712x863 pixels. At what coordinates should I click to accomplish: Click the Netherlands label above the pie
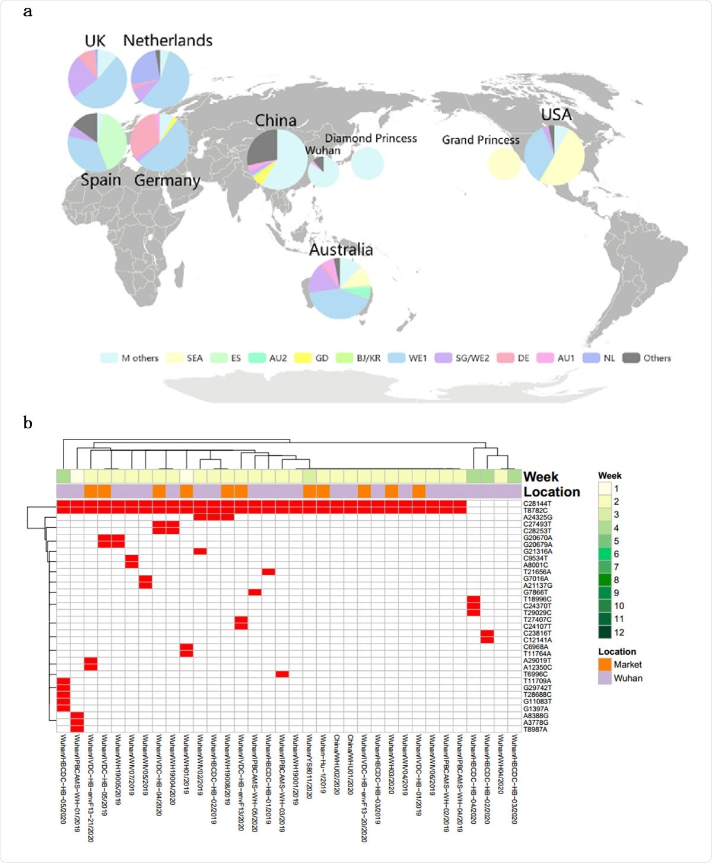point(167,40)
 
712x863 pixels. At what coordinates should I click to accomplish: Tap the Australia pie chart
point(339,288)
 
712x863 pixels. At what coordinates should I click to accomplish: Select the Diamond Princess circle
point(367,163)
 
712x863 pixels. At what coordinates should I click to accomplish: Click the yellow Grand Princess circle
point(504,163)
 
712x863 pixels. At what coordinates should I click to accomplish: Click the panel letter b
point(27,422)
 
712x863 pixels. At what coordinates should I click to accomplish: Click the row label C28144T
point(537,504)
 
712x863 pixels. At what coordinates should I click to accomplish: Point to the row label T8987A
point(535,730)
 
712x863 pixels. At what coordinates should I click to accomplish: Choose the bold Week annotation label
point(541,477)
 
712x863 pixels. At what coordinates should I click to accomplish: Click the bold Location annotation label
point(551,492)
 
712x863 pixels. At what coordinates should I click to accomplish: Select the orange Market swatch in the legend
point(605,665)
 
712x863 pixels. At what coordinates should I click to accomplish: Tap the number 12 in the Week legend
point(619,632)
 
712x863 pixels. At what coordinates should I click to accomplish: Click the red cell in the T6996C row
point(282,674)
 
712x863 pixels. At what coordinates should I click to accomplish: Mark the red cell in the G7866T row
point(255,592)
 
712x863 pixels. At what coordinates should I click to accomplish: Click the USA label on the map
point(556,115)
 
